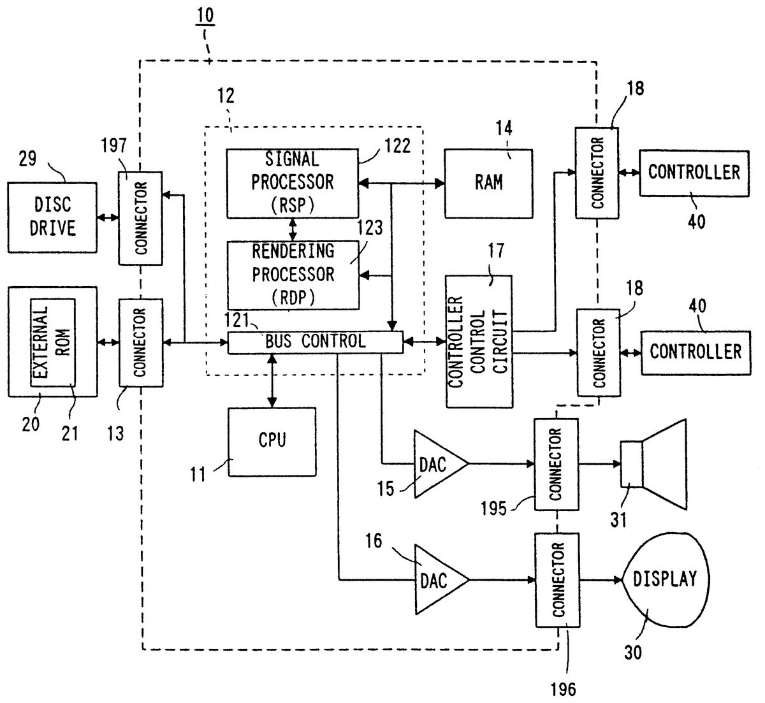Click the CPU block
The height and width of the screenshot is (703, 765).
(272, 441)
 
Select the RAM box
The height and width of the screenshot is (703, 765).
(488, 183)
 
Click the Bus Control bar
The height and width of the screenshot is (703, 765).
(316, 342)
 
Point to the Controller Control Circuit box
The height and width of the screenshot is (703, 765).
(479, 342)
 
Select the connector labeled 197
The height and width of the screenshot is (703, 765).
(141, 217)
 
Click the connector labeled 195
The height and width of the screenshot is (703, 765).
(556, 464)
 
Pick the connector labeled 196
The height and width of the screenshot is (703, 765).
(558, 579)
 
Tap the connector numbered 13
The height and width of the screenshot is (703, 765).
(141, 342)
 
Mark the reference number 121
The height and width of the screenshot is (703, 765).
(237, 318)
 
